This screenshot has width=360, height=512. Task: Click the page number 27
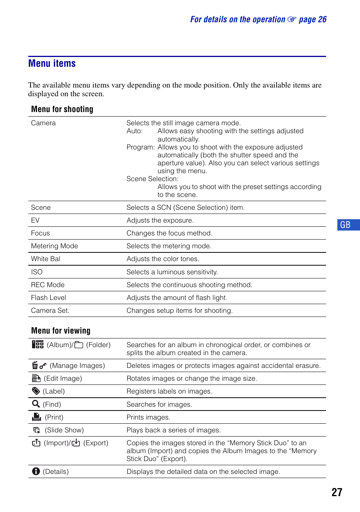[337, 492]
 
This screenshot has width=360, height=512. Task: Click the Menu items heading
[52, 63]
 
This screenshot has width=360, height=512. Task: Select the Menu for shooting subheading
[62, 109]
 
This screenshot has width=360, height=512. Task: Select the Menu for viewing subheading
[61, 331]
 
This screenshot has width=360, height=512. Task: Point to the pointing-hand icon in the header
[292, 19]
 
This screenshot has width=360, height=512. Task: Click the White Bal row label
[46, 259]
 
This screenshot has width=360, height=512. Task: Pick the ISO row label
[37, 272]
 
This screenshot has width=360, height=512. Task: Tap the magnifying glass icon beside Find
[36, 404]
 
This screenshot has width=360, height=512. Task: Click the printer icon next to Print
[37, 417]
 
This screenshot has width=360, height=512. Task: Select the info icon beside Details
[36, 471]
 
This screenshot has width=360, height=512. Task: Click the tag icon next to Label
[36, 391]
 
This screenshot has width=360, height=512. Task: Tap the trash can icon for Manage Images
[35, 365]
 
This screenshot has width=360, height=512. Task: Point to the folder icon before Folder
[79, 345]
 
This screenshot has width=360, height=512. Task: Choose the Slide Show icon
[37, 430]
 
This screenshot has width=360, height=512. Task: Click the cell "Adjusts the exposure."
[160, 220]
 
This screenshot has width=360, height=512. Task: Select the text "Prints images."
[148, 417]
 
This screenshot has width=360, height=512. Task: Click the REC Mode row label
[48, 285]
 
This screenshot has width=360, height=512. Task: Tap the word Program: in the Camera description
[140, 147]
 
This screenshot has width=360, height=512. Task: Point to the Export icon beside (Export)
[76, 443]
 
